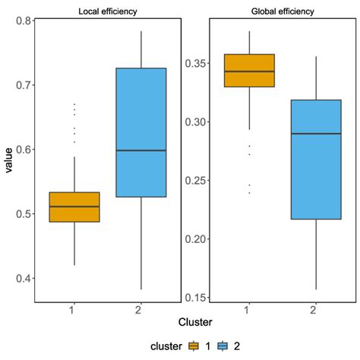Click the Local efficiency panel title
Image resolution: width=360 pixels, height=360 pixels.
106,11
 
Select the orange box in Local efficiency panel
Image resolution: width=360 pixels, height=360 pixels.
74,207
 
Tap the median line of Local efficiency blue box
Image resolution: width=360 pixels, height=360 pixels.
141,150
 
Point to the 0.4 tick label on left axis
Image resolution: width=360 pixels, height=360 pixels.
20,279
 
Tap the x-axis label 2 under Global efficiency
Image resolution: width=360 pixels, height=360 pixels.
316,310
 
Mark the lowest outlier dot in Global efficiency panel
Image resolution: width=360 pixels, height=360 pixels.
249,193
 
